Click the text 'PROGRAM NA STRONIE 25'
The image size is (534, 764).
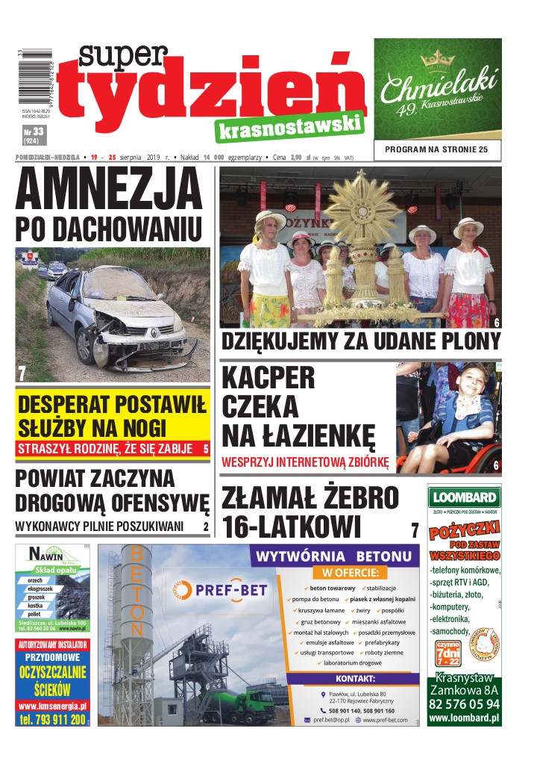pyautogui.click(x=437, y=150)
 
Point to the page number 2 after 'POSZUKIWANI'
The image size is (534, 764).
pyautogui.click(x=205, y=527)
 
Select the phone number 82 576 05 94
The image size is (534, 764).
pyautogui.click(x=464, y=704)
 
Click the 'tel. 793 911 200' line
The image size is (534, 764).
pyautogui.click(x=52, y=719)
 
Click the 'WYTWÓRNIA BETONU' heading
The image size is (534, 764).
pyautogui.click(x=333, y=556)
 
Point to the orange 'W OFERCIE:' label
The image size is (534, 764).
pyautogui.click(x=351, y=574)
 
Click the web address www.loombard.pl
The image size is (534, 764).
pyautogui.click(x=464, y=718)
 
